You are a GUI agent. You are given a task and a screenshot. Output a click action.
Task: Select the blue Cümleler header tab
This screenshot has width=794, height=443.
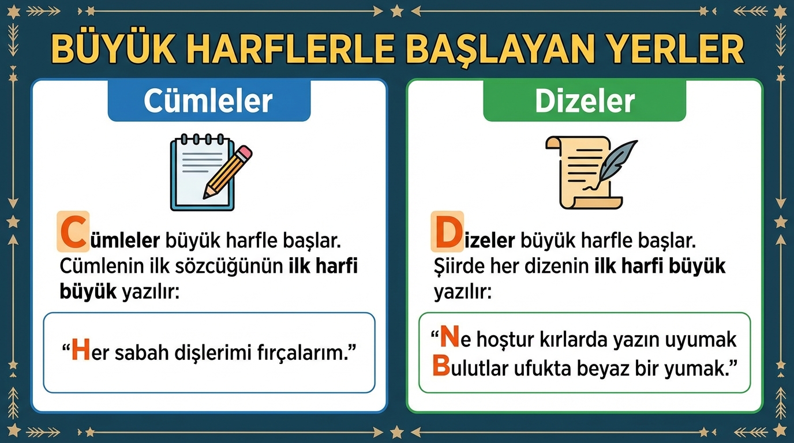209,101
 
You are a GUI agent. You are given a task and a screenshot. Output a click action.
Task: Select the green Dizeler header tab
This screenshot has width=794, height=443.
585,101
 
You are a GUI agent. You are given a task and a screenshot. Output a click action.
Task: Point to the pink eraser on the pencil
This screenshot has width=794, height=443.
244,152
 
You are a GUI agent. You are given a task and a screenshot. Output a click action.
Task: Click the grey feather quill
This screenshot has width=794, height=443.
617,162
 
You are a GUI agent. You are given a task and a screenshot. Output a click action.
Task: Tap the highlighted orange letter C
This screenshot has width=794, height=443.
73,231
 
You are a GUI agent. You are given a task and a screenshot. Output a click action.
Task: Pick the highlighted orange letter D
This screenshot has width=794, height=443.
447,231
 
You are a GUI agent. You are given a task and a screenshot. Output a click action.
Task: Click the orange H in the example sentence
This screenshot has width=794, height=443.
80,350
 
